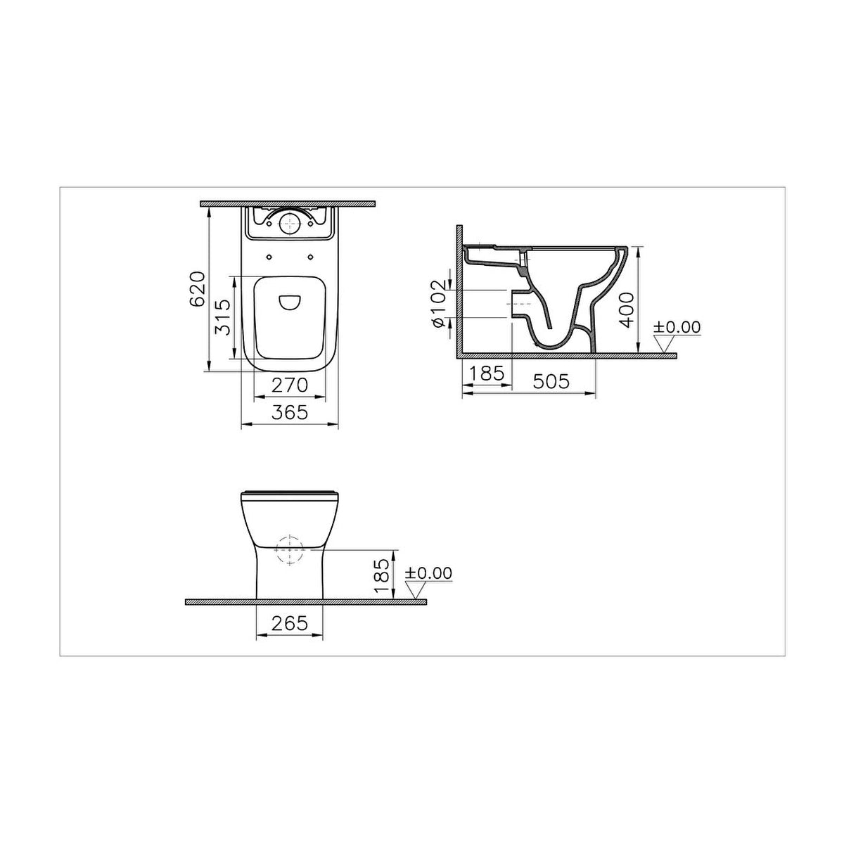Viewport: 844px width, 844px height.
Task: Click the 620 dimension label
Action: point(197,289)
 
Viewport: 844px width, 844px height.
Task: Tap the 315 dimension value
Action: point(223,317)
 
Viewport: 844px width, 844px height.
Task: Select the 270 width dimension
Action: point(290,385)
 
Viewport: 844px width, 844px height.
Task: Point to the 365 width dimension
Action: point(290,412)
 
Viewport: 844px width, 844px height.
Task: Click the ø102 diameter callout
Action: point(438,304)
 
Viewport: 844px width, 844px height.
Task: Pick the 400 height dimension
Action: point(627,310)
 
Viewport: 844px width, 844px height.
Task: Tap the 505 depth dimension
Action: point(551,381)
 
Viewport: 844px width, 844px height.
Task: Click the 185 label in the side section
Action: point(487,373)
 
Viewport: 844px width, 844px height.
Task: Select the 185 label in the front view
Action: point(383,575)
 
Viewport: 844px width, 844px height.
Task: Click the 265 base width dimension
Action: point(290,623)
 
